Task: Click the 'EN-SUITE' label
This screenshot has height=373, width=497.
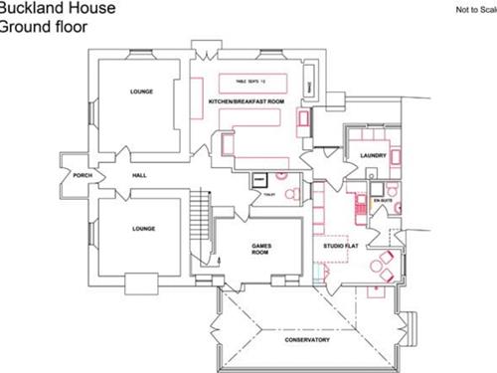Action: coord(383,200)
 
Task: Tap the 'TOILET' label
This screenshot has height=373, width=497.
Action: coord(268,195)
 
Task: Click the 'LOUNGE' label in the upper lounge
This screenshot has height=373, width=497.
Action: coord(142,92)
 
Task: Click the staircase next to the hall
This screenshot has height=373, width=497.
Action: coord(205,219)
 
